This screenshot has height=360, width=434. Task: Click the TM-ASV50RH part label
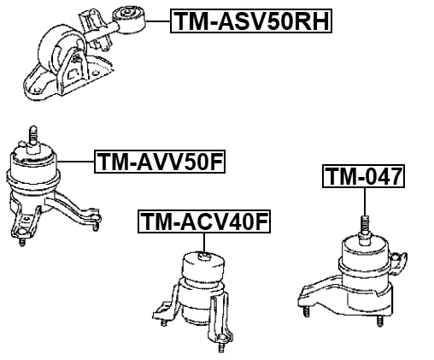[251, 21]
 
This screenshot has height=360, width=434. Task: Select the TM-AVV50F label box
[160, 162]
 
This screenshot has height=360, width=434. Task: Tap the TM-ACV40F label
[204, 221]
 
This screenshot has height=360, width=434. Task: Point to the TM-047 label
[363, 176]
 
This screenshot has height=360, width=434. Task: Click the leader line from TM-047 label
[364, 202]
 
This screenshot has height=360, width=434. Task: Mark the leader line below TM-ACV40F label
[204, 243]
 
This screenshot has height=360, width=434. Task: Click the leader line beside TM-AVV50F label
[75, 162]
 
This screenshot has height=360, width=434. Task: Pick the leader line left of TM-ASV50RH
[158, 21]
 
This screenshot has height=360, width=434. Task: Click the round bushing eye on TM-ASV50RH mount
[129, 20]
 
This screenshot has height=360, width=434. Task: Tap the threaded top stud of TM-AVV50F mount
[32, 135]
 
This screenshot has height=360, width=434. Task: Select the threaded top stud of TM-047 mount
[365, 225]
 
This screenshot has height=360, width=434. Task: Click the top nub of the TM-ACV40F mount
[204, 257]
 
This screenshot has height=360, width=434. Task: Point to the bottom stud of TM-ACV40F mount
[220, 347]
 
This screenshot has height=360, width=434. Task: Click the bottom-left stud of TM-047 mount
[306, 311]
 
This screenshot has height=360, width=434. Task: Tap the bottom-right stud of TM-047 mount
[379, 321]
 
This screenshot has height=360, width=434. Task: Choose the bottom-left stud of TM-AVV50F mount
[21, 241]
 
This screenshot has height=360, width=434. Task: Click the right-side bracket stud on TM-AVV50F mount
[96, 226]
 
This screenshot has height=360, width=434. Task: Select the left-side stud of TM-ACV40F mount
[164, 322]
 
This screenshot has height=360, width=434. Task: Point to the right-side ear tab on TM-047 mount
[400, 262]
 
